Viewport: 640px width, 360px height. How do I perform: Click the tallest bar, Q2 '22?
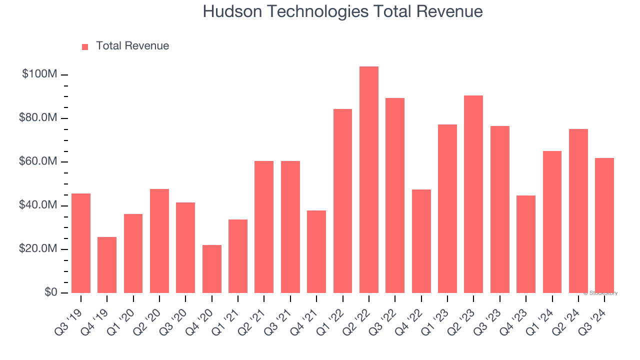coord(368,180)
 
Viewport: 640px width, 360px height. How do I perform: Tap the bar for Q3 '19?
coord(81,243)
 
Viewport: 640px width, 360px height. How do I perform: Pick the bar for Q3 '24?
coord(604,225)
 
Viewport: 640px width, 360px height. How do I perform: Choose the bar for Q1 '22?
coord(342,201)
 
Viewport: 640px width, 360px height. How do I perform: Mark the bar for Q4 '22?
coord(421,241)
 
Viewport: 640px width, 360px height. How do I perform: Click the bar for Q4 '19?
coord(107,265)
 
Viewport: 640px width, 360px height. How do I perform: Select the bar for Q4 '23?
coord(525,244)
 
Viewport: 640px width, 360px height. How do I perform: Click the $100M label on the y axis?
coord(39,74)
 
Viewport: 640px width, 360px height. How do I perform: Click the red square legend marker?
coord(85,46)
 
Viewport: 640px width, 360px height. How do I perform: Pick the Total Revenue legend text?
coord(132,46)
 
